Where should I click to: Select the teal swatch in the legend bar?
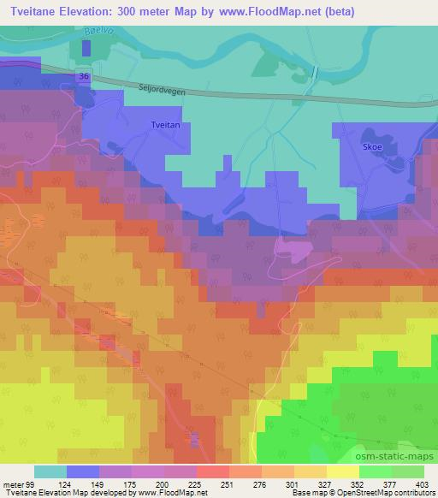50,471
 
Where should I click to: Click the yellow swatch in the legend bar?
343,471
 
